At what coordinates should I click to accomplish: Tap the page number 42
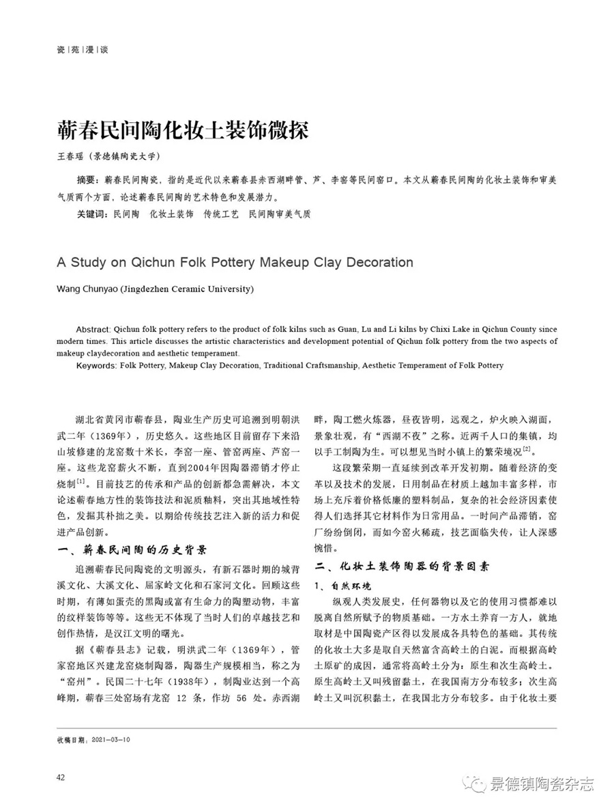61,778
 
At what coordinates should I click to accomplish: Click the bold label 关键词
93,214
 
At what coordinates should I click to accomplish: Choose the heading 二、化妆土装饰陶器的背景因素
404,567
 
